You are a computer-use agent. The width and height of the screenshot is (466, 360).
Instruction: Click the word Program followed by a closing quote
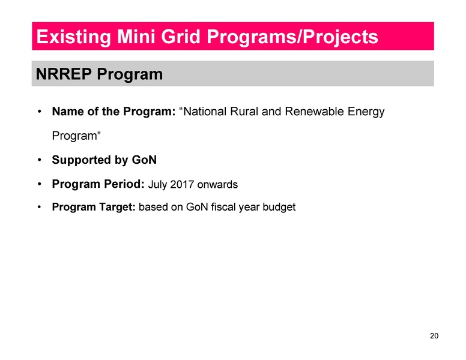click(76, 136)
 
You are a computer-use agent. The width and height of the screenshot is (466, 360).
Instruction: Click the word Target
click(116, 208)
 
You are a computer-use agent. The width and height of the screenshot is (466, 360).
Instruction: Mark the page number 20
click(434, 335)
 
